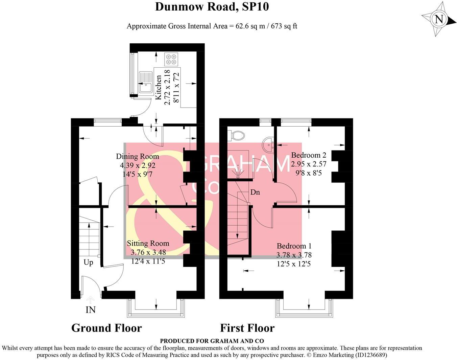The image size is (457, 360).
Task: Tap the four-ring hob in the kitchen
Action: (171, 59)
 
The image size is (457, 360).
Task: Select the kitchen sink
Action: (146, 82)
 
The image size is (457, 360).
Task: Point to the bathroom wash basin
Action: (269, 144)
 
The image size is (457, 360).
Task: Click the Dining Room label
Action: (138, 157)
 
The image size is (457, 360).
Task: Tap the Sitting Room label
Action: (148, 243)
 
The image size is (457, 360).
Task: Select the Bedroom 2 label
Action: (309, 155)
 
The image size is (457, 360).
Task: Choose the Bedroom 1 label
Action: (294, 246)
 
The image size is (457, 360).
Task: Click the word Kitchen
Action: (159, 87)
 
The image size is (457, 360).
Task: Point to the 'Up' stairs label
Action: (88, 263)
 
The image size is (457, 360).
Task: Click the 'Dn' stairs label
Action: (255, 192)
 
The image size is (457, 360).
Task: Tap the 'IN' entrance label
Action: (91, 310)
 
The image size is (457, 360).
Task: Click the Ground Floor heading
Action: (106, 328)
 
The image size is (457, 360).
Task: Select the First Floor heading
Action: (247, 328)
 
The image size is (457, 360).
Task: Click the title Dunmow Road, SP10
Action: (212, 6)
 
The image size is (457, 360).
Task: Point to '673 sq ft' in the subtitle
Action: (284, 26)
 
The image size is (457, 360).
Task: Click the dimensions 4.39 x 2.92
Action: (138, 165)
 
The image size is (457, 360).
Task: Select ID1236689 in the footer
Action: (370, 355)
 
